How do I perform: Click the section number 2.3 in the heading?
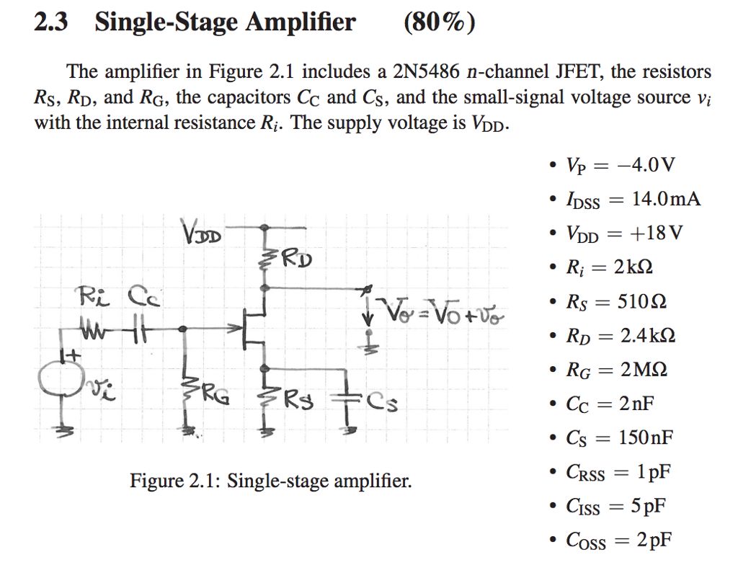point(50,23)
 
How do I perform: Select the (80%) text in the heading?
point(439,23)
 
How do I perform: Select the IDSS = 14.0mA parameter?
point(633,200)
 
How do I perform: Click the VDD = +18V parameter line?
point(624,234)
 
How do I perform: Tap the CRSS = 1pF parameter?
point(619,472)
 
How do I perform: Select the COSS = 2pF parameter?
point(619,540)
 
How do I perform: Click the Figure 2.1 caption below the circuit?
point(270,480)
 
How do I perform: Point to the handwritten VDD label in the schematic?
point(204,234)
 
